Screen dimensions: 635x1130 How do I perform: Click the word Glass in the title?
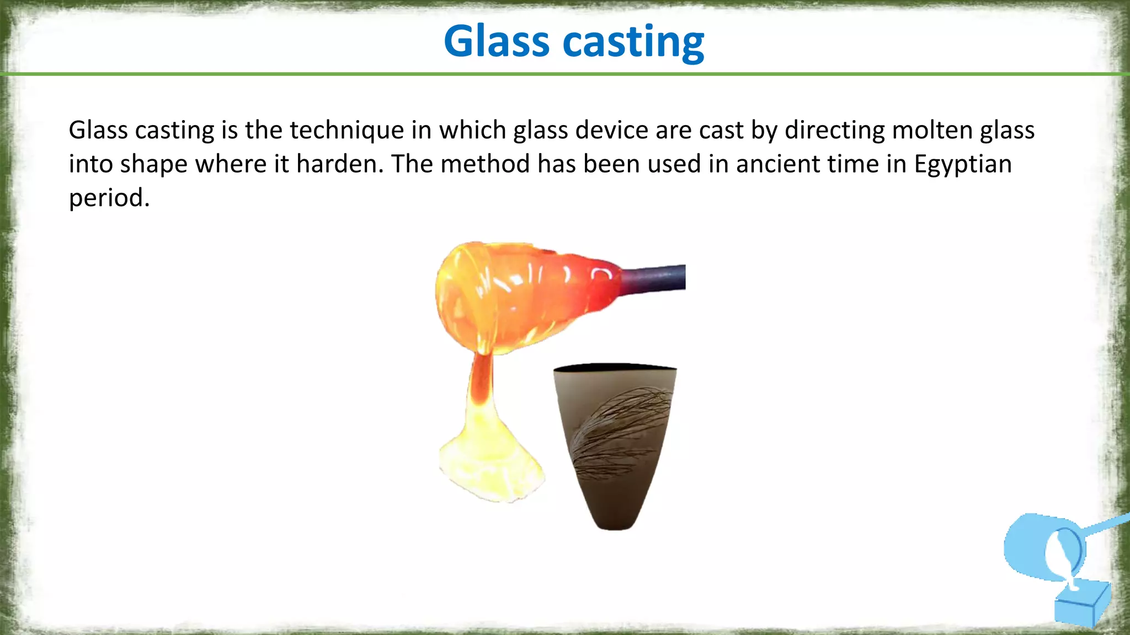pyautogui.click(x=497, y=42)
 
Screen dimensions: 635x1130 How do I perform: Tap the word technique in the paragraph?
pyautogui.click(x=347, y=131)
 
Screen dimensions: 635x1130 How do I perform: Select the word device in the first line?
pyautogui.click(x=611, y=131)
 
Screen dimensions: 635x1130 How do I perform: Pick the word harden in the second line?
pyautogui.click(x=339, y=164)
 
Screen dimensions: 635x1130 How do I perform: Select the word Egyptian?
pyautogui.click(x=963, y=164)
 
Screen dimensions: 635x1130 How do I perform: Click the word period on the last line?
pyautogui.click(x=109, y=198)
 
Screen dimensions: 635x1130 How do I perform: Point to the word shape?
pyautogui.click(x=153, y=164)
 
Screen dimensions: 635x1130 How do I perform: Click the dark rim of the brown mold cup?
pyautogui.click(x=614, y=367)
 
